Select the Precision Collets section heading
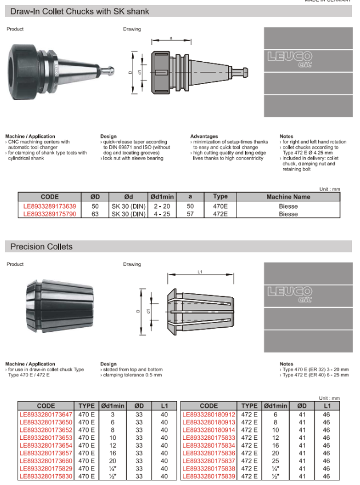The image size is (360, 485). point(42,247)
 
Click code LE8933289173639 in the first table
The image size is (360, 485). point(50,206)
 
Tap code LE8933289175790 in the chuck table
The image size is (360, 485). point(50,214)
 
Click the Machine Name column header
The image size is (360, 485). point(288,197)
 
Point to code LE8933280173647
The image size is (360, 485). point(46,415)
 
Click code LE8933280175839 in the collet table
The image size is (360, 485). point(208,476)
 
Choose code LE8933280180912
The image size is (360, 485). point(208,415)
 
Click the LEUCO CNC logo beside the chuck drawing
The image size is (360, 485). point(291,59)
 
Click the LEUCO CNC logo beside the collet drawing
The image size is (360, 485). point(291,296)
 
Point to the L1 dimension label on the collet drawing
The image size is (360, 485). point(199,272)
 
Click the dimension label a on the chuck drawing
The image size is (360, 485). point(171,38)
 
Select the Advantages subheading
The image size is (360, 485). point(204,137)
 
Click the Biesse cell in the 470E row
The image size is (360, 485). point(288,206)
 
